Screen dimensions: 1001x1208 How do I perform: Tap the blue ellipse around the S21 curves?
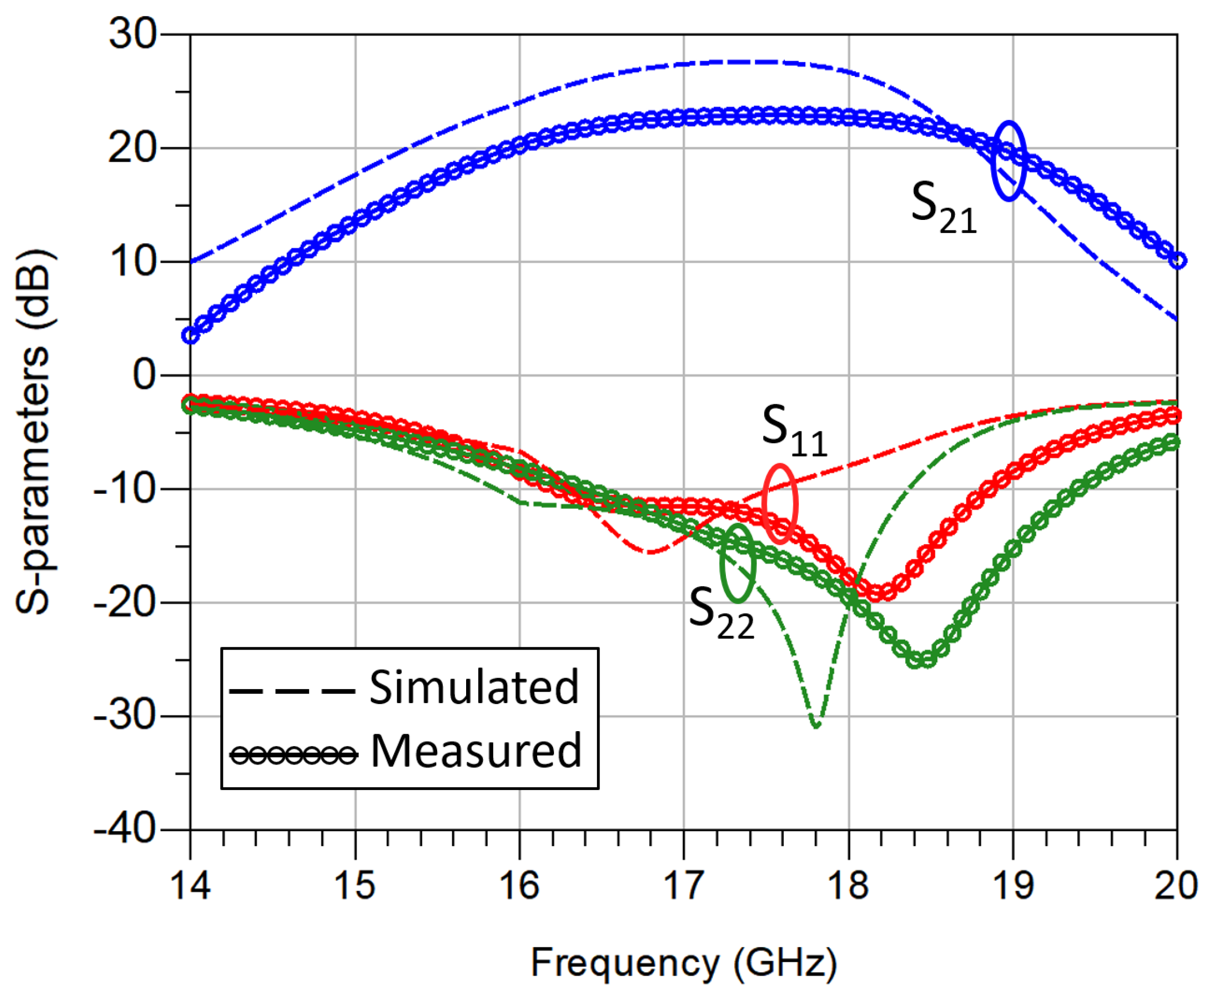1008,161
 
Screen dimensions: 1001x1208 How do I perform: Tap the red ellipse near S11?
779,504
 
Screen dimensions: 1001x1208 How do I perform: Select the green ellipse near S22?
737,563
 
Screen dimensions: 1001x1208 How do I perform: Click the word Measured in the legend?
476,751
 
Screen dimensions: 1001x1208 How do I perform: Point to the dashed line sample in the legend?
292,690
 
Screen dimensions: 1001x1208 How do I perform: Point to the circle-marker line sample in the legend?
293,754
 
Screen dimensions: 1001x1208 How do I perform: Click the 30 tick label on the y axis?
133,34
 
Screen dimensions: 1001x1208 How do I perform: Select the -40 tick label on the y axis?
125,829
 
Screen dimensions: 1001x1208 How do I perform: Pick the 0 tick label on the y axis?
144,375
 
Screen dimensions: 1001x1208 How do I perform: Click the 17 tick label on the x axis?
683,884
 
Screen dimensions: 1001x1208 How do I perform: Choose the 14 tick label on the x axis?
190,884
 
